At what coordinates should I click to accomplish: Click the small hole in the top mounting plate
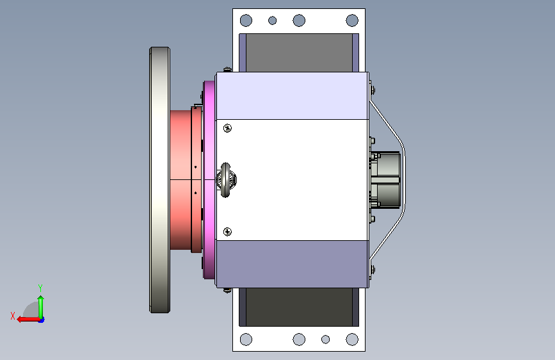point(272,20)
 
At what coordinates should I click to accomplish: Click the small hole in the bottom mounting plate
point(325,340)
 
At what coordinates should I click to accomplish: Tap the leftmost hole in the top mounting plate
point(246,20)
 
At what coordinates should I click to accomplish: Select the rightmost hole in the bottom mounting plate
point(352,340)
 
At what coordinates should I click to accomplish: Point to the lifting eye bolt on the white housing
point(226,179)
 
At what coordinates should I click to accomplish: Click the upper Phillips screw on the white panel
point(228,128)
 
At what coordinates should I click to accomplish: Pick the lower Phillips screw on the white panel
point(228,232)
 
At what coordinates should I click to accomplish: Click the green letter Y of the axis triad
point(40,288)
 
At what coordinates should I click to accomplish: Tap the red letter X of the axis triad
point(13,316)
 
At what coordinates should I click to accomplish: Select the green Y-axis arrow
point(41,307)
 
